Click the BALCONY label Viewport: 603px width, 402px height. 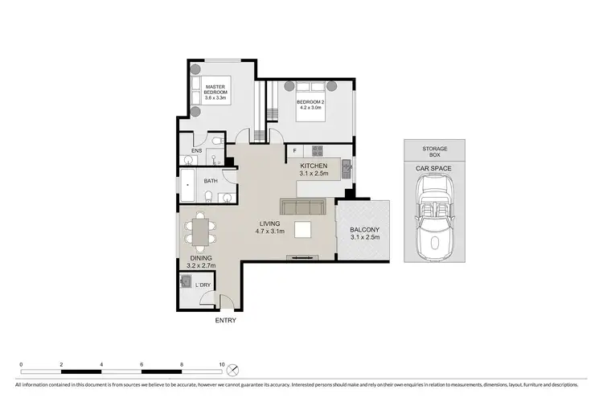(x=363, y=235)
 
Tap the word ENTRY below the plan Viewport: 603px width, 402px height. (x=226, y=320)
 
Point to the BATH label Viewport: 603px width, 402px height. (x=211, y=181)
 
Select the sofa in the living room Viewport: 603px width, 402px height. (x=301, y=207)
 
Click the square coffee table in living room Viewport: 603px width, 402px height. (x=304, y=231)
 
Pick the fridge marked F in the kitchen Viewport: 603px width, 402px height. (x=295, y=150)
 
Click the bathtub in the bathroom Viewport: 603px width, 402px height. (x=188, y=187)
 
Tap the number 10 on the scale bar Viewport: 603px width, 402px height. (x=222, y=364)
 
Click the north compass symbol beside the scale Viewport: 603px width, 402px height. (x=234, y=371)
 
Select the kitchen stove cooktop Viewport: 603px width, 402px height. (x=317, y=150)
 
